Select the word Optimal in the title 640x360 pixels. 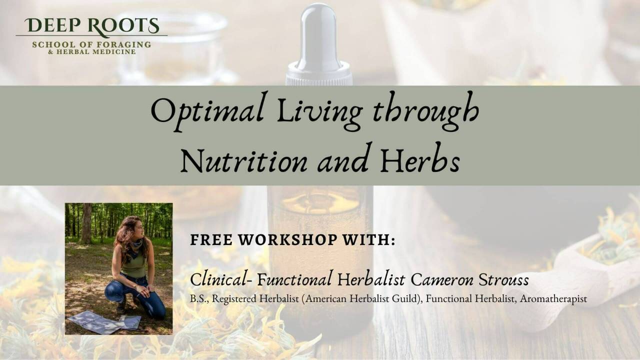[x=207, y=111]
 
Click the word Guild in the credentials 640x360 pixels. [x=408, y=299]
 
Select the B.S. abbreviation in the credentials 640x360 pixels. [x=197, y=299]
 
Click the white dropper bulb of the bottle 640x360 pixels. [x=318, y=35]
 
